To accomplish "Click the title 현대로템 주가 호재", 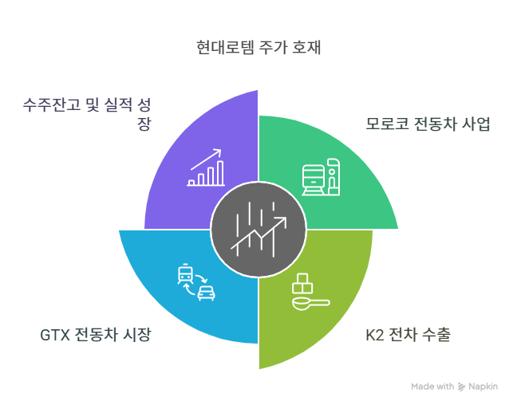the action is point(258,47).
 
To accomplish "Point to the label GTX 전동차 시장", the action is point(96,334).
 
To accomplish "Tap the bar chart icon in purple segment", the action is point(207,169).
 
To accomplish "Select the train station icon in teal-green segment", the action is point(322,178).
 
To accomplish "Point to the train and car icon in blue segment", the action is point(194,282).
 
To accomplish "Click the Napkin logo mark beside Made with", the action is point(462,387).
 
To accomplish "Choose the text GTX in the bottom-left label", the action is point(53,334).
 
